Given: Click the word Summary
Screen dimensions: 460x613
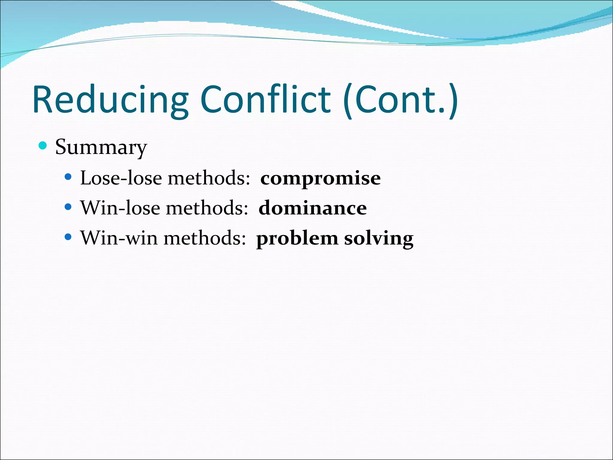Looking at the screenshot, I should point(101,147).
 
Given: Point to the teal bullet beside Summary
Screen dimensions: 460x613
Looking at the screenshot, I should point(43,146).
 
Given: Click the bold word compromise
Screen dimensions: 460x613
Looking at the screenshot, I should point(320,178).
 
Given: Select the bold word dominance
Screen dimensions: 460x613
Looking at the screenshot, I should point(312,208).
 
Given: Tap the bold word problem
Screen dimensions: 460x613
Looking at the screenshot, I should point(297,239).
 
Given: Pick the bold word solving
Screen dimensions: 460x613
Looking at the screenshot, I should point(379,239).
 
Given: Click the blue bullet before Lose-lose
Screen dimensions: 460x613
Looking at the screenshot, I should point(68,177).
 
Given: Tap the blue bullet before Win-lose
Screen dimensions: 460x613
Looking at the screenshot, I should point(68,207).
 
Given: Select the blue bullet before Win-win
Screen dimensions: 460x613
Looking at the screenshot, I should point(68,237).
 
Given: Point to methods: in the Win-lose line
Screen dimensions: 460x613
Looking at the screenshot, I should point(207,208).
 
